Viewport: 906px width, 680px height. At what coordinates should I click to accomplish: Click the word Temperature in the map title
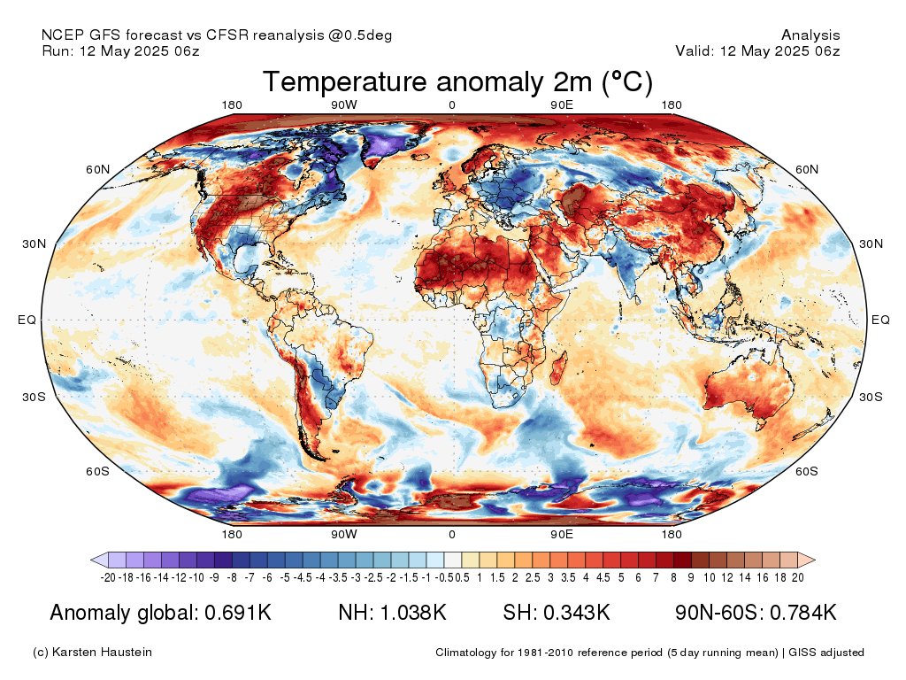point(346,81)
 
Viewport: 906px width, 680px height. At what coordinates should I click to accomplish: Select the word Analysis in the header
point(810,35)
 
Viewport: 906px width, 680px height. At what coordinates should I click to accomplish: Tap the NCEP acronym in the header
point(60,35)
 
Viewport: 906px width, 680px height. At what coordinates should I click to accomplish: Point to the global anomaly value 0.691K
point(238,612)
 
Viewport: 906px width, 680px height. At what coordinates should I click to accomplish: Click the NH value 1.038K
point(412,612)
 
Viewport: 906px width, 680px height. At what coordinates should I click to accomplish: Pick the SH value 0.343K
point(577,612)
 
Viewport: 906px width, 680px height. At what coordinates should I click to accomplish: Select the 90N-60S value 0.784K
point(802,612)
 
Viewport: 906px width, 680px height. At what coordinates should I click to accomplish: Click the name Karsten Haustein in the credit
point(102,653)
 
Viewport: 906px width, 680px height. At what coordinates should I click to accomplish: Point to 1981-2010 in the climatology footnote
point(545,653)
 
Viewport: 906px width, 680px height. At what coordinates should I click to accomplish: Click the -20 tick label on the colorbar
point(108,577)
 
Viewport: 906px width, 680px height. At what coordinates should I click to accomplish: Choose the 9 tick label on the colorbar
point(691,577)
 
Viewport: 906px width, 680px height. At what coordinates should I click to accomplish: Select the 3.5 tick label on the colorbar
point(568,577)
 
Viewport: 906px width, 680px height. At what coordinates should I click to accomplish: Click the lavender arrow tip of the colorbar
point(92,560)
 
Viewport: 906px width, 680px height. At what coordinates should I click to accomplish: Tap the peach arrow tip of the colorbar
point(815,560)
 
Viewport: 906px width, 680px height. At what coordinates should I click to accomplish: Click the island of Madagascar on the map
point(559,369)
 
